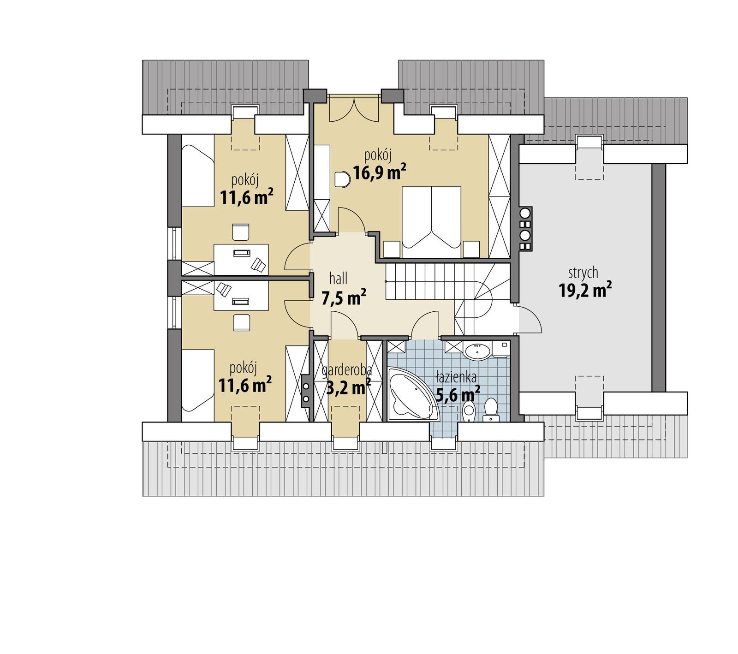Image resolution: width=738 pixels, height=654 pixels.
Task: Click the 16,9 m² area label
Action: coord(379,172)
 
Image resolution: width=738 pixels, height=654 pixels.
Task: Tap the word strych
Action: coord(583,273)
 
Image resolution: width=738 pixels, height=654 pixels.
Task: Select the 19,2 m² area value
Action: coord(585,291)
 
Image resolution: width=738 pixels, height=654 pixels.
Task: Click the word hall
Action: coord(338,278)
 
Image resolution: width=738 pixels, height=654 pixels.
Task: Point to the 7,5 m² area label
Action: coord(344,297)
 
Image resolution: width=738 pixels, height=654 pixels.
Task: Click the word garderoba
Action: coord(347,370)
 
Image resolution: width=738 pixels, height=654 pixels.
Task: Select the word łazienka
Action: coord(456,378)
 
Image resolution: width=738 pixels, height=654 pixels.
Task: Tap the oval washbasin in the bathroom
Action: coord(478,351)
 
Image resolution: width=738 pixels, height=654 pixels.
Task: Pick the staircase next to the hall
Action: coord(434,281)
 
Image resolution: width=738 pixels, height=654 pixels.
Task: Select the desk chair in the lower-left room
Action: coord(241,322)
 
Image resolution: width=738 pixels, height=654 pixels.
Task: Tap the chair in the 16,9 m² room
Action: coord(343,179)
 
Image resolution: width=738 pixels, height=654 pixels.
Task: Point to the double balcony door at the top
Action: coord(354,109)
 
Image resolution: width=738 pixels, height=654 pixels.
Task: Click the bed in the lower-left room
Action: coord(198,380)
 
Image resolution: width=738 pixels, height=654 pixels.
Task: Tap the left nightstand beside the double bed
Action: coord(392,249)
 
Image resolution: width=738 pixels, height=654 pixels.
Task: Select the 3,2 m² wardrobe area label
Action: coord(348,387)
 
